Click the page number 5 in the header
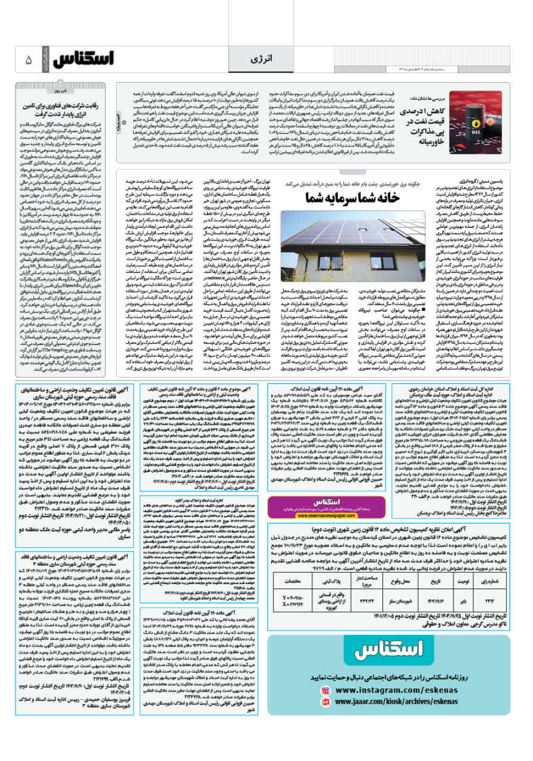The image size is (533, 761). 28,60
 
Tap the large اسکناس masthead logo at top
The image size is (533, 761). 84,60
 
